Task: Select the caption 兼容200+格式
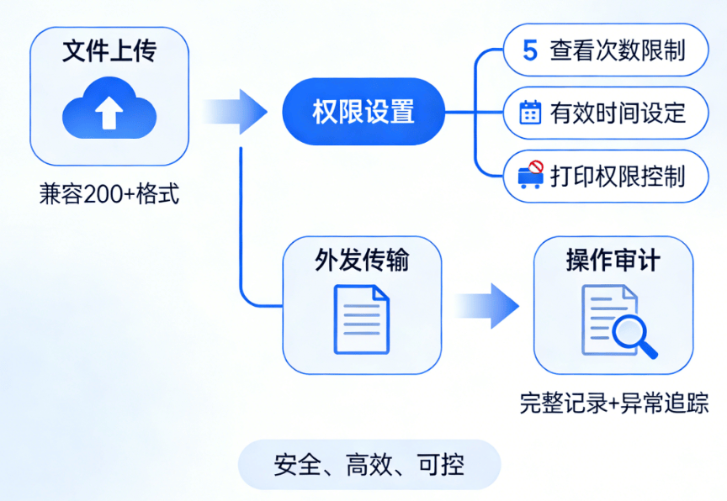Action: coord(109,195)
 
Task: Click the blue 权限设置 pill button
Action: coord(363,112)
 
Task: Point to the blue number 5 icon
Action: coord(529,50)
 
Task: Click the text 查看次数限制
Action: coord(617,50)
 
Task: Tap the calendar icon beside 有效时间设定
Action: coord(530,113)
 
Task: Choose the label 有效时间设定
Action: coord(618,113)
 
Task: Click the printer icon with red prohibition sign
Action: coord(530,175)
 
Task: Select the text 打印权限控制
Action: coord(618,176)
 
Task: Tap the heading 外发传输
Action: coord(362,261)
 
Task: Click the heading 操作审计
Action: coord(613,261)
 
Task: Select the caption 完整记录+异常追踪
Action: coord(613,403)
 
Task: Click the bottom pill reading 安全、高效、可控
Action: coord(369,464)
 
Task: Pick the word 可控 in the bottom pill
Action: coord(441,464)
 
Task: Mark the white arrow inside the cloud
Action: coord(109,113)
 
